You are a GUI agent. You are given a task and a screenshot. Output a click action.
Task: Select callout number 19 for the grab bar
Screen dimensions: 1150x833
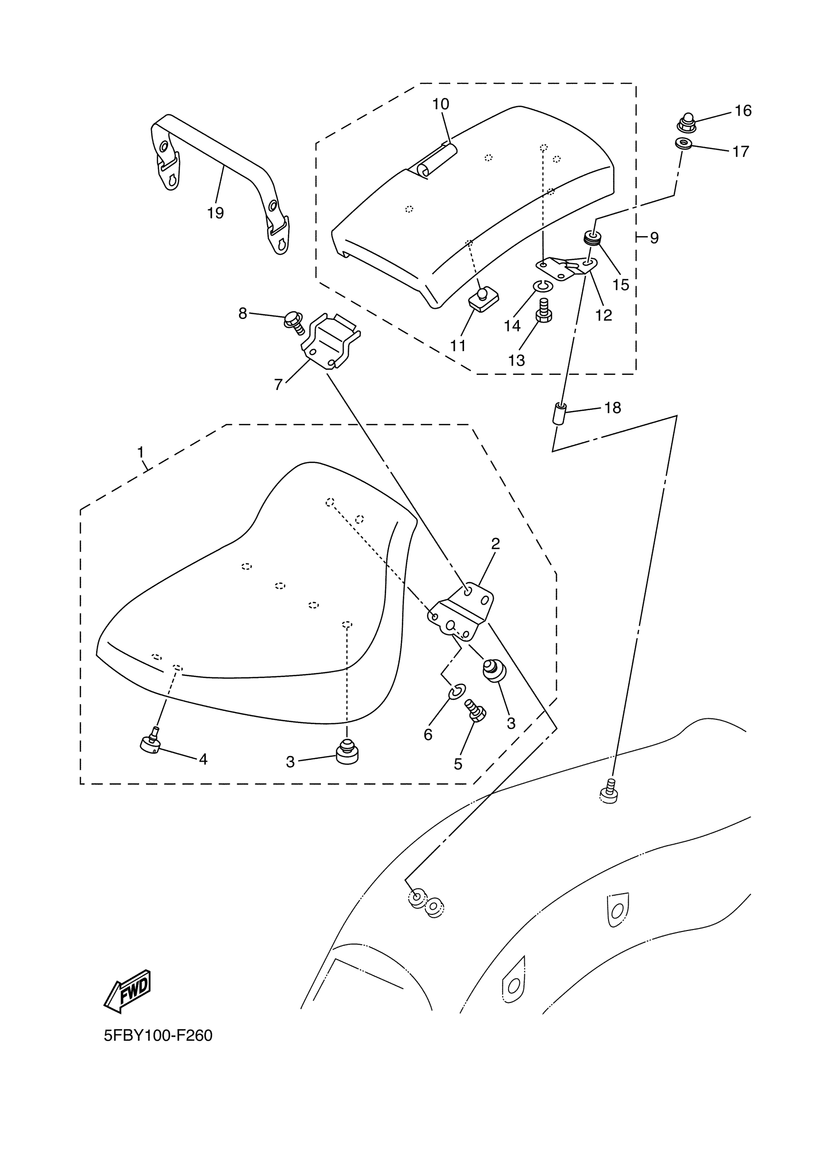tap(216, 213)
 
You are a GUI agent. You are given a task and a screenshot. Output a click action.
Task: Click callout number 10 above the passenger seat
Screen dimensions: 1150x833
tap(441, 104)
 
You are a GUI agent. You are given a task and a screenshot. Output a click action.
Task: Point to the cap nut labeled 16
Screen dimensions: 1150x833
tap(687, 122)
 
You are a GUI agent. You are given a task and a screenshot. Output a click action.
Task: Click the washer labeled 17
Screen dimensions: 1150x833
tap(685, 144)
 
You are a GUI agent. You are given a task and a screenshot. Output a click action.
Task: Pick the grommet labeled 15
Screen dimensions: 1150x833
tap(593, 237)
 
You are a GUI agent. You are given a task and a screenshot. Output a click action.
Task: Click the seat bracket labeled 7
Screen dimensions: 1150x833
tap(330, 341)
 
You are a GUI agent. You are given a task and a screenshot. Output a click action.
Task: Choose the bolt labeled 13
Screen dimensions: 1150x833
tap(543, 310)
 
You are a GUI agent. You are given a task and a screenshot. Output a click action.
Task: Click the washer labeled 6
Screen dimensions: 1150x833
tap(457, 690)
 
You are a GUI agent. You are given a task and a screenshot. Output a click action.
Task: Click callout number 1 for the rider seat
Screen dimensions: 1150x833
tap(141, 452)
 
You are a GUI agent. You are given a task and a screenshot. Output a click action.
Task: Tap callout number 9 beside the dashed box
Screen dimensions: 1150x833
tap(654, 238)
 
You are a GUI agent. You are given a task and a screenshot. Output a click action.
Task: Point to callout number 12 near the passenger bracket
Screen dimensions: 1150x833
tap(603, 316)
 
